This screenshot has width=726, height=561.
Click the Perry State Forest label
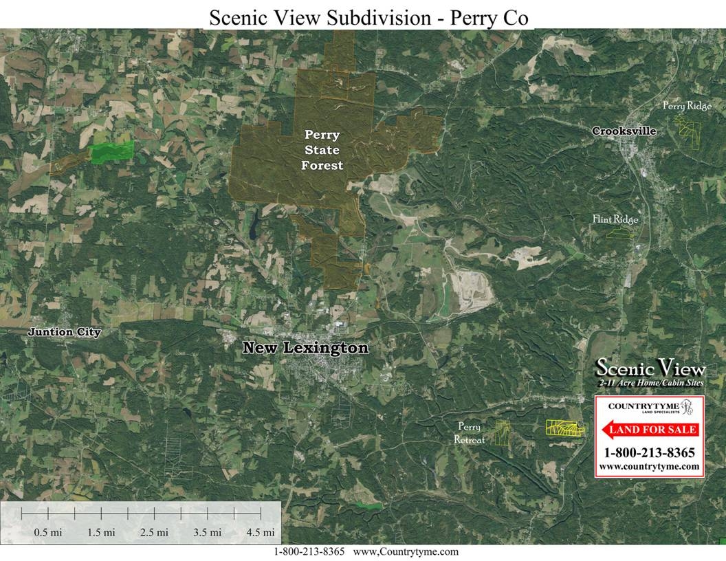(x=323, y=150)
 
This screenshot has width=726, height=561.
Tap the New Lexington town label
(x=305, y=349)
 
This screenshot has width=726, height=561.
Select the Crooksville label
(x=624, y=131)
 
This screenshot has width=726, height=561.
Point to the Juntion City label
(x=64, y=333)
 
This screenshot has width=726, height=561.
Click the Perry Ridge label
(x=687, y=106)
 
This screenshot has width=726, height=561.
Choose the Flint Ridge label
(x=615, y=219)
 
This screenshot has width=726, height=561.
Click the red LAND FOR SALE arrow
(x=650, y=430)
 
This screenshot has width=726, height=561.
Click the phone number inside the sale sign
(x=649, y=453)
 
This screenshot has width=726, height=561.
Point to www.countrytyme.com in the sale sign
(x=649, y=466)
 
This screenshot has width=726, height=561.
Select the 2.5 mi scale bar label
(x=154, y=532)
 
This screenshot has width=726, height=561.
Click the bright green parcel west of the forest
(x=112, y=152)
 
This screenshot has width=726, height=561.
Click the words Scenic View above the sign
(x=650, y=368)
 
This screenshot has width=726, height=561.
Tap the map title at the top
(x=369, y=17)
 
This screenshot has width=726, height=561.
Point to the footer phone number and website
(x=366, y=552)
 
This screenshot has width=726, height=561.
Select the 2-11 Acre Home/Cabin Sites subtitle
(x=650, y=382)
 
